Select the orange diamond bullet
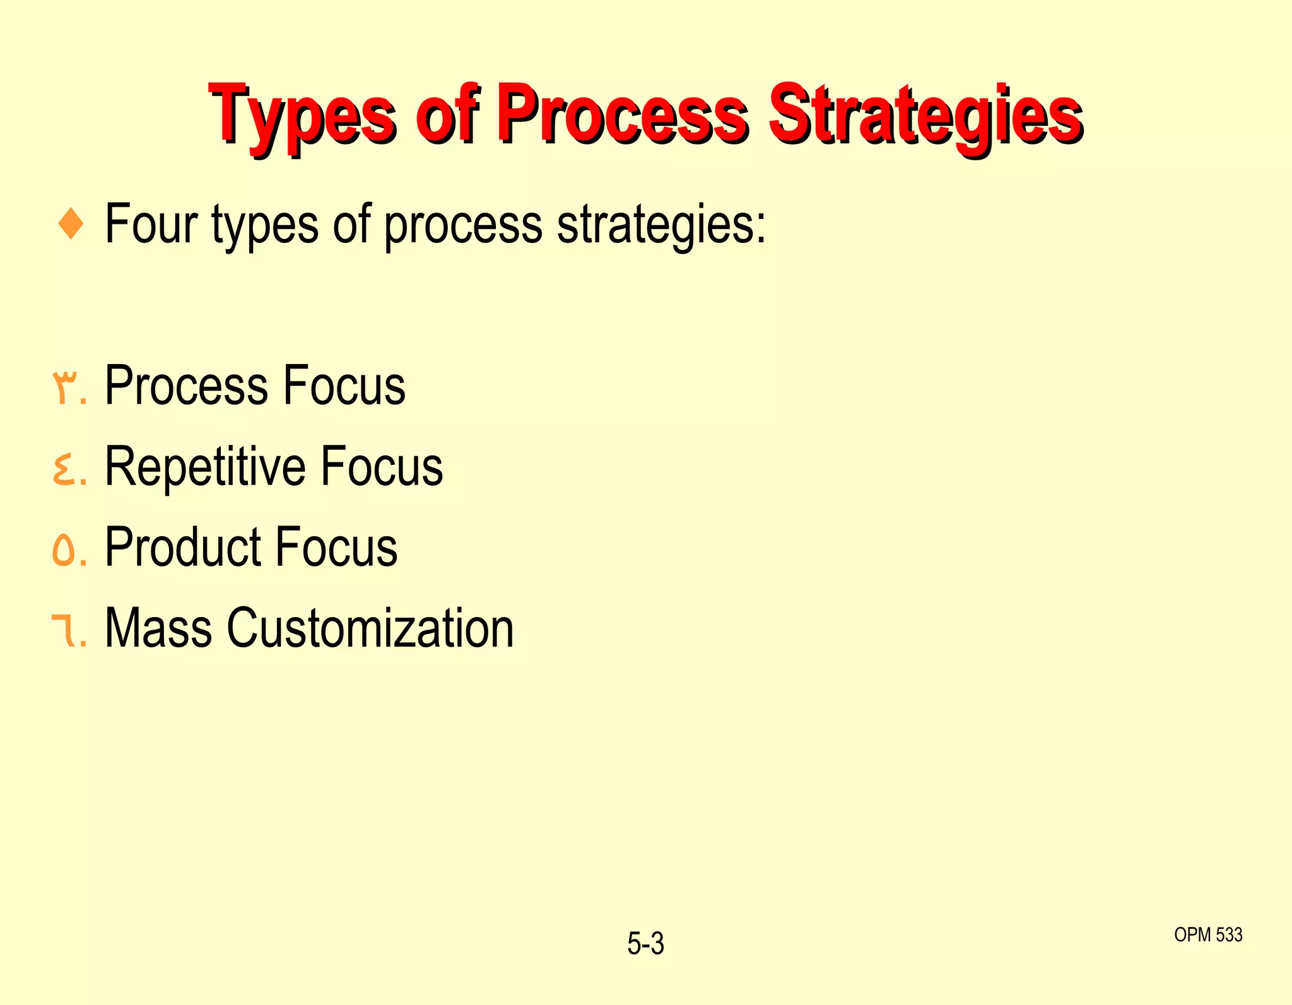[x=70, y=225]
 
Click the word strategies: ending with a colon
[x=661, y=225]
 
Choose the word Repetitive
[x=204, y=466]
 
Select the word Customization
[x=370, y=628]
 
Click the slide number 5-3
[x=645, y=944]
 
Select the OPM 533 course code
[x=1207, y=934]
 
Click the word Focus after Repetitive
[x=382, y=466]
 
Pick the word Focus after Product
[x=336, y=547]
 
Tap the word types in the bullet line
[x=264, y=225]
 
